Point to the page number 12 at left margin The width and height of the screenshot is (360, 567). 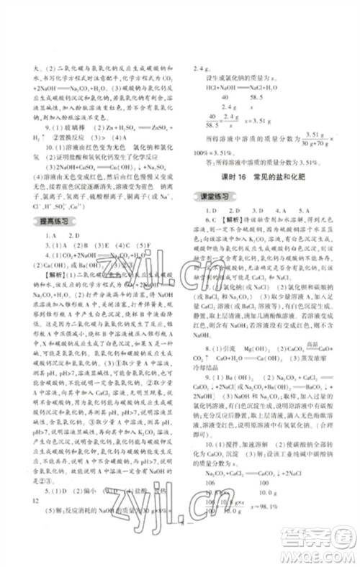click(28, 501)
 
